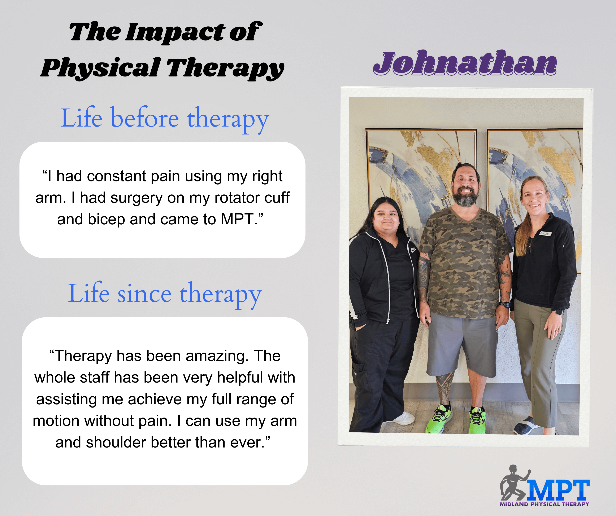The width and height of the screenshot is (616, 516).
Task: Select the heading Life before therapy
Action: pos(165,119)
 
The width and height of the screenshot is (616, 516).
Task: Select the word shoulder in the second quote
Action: pos(116,442)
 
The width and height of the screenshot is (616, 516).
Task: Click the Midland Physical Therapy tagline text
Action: pos(545,504)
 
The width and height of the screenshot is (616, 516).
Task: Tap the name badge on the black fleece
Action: pos(546,234)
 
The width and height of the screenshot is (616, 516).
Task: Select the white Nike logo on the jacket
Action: pos(413,250)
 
